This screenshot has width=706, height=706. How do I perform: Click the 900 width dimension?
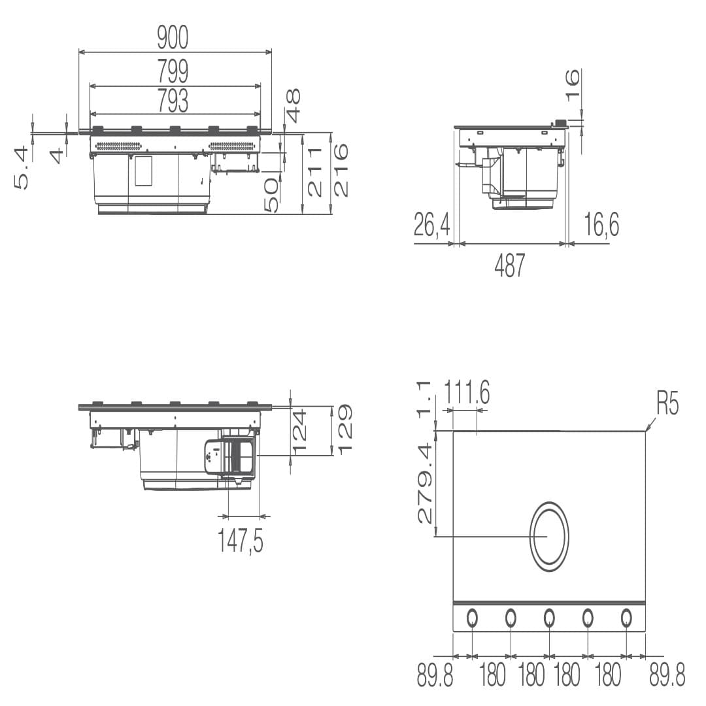(173, 38)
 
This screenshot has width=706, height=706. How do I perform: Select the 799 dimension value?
(173, 71)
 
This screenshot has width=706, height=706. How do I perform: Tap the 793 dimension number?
(173, 101)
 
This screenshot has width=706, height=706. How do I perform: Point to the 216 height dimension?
(341, 170)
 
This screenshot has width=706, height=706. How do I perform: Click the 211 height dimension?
(314, 172)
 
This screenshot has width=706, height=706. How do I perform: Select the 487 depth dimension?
(510, 265)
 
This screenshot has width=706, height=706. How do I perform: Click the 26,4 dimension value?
(432, 224)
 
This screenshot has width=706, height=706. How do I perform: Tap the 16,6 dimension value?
(601, 224)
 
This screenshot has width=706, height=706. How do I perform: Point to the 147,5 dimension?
(241, 540)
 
